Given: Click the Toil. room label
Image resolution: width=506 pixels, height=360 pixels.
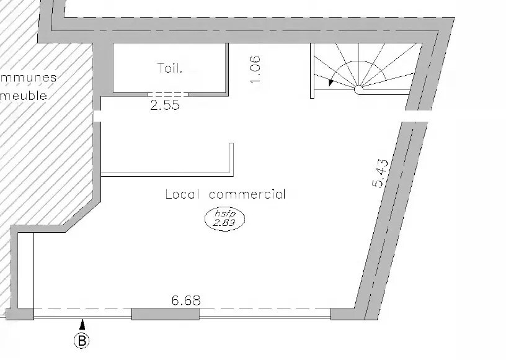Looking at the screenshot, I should (x=170, y=68).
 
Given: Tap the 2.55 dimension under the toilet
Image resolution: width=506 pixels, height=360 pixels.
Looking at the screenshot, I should (x=164, y=106).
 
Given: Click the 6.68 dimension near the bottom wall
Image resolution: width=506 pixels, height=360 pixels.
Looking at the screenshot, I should (x=185, y=301).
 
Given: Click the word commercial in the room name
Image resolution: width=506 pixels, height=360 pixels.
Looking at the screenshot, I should (x=247, y=194).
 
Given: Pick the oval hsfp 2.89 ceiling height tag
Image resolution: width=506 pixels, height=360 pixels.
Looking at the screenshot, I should (x=225, y=220).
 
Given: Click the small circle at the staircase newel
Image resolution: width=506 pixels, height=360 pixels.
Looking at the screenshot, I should (x=358, y=89).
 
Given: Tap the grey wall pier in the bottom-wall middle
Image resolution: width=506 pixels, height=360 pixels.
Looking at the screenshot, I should (x=166, y=313).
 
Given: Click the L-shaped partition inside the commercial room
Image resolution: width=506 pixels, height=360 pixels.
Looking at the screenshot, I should (x=231, y=161).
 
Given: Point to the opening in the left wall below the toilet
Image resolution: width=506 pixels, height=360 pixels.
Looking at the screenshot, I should (x=97, y=116).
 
